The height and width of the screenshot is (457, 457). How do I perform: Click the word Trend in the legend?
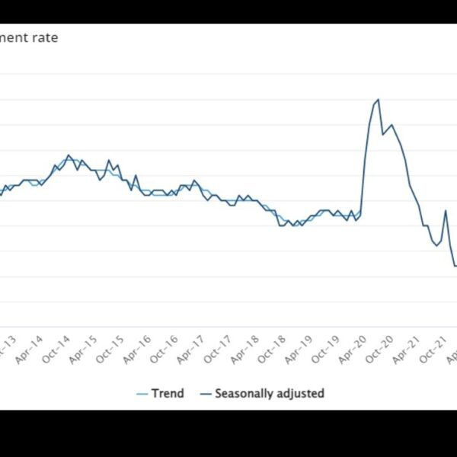[x=168, y=394]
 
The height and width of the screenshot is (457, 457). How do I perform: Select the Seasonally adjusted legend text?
[x=269, y=394]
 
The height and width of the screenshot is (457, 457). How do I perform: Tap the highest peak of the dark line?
[x=379, y=100]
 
